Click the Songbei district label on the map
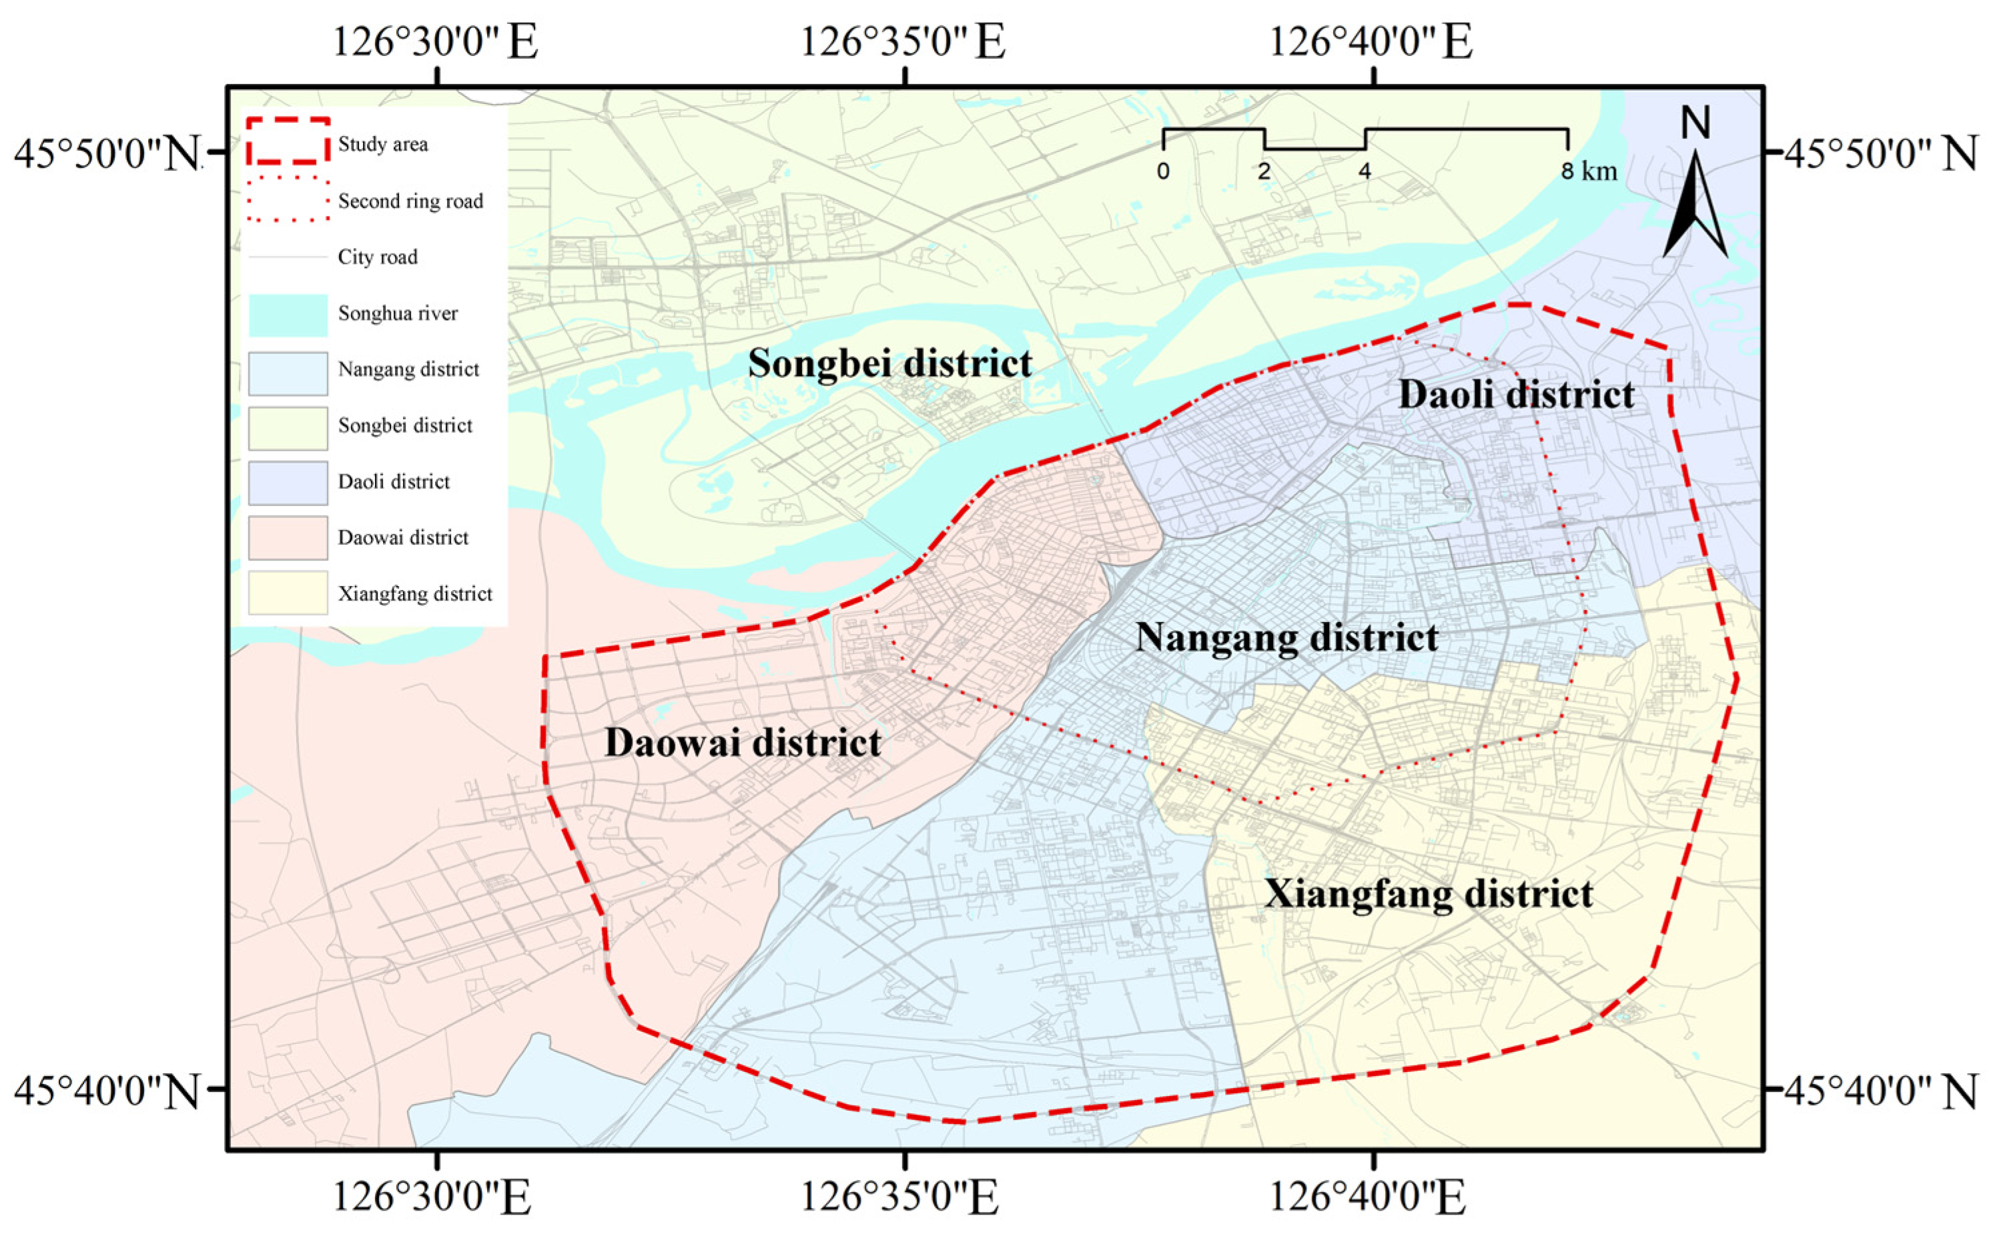[890, 363]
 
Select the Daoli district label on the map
[1517, 395]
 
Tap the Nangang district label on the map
[1286, 637]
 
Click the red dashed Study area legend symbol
[288, 141]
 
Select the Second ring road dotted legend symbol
[288, 199]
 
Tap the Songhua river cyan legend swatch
[288, 315]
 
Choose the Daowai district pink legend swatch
[288, 537]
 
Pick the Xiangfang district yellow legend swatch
[288, 593]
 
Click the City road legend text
[377, 257]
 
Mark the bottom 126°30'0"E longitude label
[431, 1199]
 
